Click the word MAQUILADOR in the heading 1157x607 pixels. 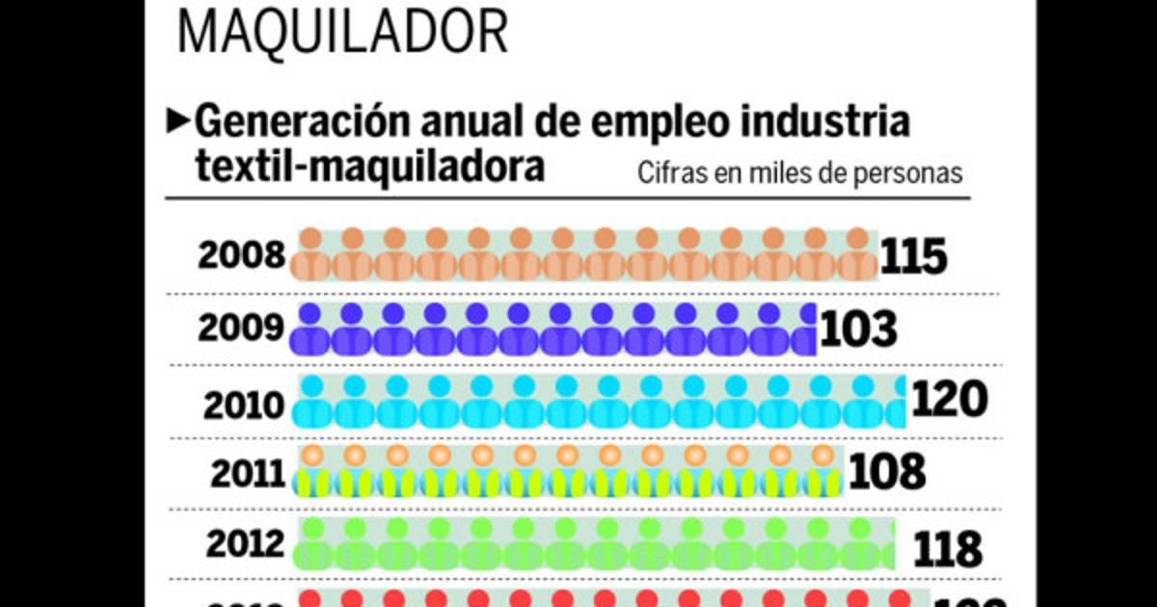click(x=342, y=32)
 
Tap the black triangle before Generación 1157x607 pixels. click(x=178, y=119)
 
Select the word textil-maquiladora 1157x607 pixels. click(x=369, y=166)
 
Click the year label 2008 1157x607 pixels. click(x=242, y=256)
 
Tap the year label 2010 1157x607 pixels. click(x=244, y=405)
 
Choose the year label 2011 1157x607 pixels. click(x=248, y=474)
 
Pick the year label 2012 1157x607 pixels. click(x=244, y=545)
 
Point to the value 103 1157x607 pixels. click(x=859, y=330)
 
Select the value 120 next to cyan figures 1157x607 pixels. click(x=950, y=400)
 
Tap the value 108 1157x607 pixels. click(x=887, y=472)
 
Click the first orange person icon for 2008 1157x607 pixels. click(x=312, y=255)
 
